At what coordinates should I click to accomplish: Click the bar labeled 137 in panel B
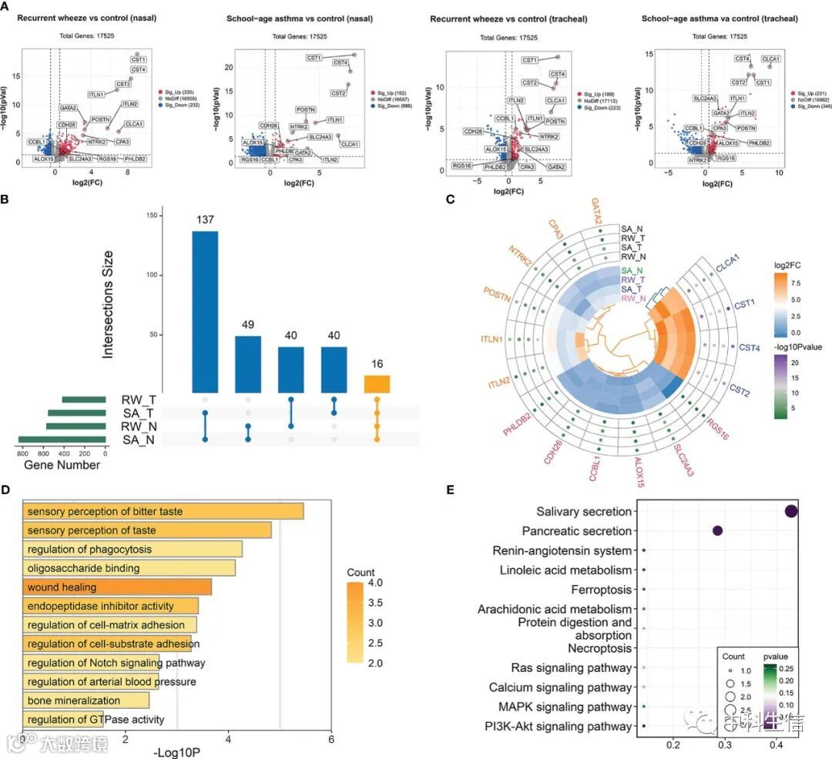pyautogui.click(x=205, y=312)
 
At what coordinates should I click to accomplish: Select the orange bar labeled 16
pyautogui.click(x=377, y=384)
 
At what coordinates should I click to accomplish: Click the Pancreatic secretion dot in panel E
pyautogui.click(x=718, y=530)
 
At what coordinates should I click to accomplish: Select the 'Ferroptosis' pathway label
pyautogui.click(x=601, y=590)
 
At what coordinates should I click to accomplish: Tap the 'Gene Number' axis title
pyautogui.click(x=62, y=465)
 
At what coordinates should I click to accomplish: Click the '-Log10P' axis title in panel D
pyautogui.click(x=178, y=751)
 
